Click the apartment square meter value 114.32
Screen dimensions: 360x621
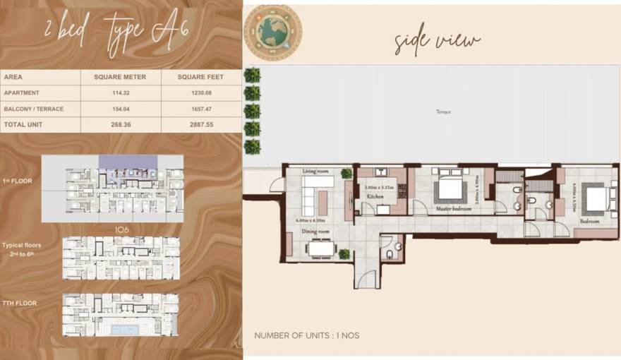[x=121, y=92]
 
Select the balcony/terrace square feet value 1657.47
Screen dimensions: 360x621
[x=201, y=109]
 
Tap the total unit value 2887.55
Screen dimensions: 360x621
[x=201, y=124]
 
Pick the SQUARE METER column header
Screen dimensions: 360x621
[x=121, y=77]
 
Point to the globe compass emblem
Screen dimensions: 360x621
[x=272, y=32]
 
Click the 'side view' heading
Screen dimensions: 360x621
[x=437, y=42]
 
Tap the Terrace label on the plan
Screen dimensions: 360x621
[x=443, y=112]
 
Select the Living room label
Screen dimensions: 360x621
[x=317, y=171]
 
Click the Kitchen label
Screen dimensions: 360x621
[x=375, y=196]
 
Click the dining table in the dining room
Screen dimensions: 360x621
[x=321, y=248]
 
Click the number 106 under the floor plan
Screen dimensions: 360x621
[x=121, y=229]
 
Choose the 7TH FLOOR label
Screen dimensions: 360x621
[x=20, y=304]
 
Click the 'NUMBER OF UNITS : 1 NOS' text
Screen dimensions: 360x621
[x=306, y=335]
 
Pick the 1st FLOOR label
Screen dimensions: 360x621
[x=18, y=181]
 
